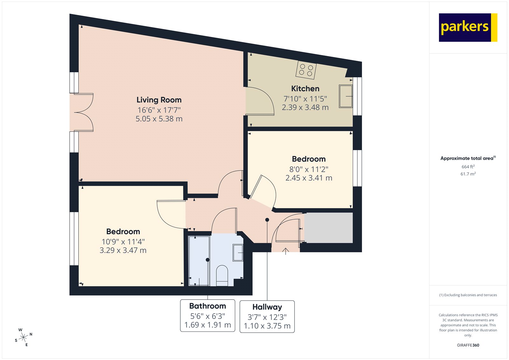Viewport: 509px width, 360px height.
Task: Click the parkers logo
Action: coord(468,27)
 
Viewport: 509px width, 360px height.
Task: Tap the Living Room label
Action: coord(159,100)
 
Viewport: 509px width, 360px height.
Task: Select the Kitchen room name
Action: coord(305,89)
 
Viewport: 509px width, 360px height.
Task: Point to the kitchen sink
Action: coord(345,96)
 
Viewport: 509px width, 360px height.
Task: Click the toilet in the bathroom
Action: coord(222,276)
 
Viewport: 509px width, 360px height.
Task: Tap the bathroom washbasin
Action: coord(238,253)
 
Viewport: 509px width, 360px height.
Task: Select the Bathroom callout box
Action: coord(207,315)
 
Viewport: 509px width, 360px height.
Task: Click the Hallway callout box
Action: coord(267,316)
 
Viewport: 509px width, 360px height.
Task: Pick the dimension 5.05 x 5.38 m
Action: coord(159,119)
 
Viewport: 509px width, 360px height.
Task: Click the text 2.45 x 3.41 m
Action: coord(309,178)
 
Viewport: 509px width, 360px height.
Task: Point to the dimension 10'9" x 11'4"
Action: coord(123,242)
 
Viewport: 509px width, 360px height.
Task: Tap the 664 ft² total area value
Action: coord(468,167)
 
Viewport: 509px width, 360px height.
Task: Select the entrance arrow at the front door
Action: coord(286,251)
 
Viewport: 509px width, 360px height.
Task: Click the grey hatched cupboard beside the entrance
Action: coord(328,228)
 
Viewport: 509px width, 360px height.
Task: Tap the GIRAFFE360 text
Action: coord(468,345)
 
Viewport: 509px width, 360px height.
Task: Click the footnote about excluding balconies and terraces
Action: coord(468,295)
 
